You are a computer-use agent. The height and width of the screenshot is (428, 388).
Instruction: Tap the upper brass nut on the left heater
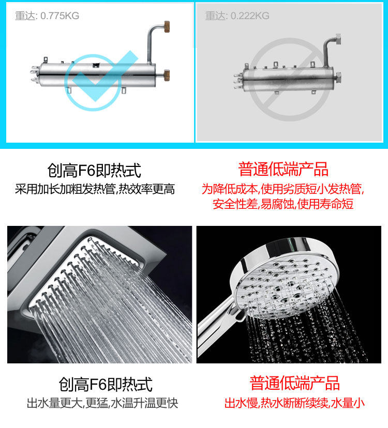click(167, 26)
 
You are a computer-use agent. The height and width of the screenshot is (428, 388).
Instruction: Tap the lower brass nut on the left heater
click(167, 74)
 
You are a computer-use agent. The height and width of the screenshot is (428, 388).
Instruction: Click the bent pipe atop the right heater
click(331, 49)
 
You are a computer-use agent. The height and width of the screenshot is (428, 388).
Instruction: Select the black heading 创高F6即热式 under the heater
click(94, 171)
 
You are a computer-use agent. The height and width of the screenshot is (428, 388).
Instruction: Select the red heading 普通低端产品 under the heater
click(283, 169)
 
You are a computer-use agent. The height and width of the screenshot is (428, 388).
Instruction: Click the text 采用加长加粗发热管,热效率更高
click(95, 189)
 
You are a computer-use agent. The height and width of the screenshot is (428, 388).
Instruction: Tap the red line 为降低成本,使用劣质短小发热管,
click(283, 189)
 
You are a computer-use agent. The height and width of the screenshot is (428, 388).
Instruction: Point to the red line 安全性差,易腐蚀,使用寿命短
click(283, 204)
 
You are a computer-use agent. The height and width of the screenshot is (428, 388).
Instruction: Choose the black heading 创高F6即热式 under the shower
click(106, 384)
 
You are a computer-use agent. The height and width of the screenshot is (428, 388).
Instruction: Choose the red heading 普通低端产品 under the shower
click(294, 383)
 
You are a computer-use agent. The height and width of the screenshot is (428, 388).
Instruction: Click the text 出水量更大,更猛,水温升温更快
click(102, 403)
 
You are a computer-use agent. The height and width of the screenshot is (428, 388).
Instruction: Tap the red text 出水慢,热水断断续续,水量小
click(294, 403)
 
